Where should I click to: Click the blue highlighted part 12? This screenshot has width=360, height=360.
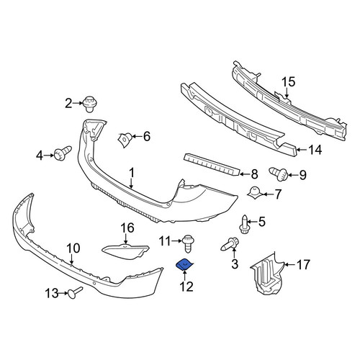coord(184,265)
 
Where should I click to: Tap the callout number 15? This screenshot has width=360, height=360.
coord(288,82)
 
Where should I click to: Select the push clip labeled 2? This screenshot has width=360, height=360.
coord(89,104)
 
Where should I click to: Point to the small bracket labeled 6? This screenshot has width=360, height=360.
coord(124,140)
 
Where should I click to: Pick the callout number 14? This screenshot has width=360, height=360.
coord(315,150)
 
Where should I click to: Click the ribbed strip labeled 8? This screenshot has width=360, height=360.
coord(212,165)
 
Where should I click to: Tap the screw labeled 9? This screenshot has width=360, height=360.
coord(279,174)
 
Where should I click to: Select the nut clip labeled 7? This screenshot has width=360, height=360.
coord(255,192)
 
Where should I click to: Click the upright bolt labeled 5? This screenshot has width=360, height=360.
coord(245,224)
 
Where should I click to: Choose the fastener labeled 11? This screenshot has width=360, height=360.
coord(188,243)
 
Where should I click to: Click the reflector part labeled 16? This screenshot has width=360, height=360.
coord(125,251)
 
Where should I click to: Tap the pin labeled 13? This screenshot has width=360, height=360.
coord(75,293)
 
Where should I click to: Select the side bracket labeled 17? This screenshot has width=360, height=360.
coord(267,274)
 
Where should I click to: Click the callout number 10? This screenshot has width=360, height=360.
coord(73,248)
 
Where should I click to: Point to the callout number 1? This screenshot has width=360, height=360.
coord(131,174)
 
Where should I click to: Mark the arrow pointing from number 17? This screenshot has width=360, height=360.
coord(289,265)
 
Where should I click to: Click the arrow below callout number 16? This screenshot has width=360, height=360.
coord(126,239)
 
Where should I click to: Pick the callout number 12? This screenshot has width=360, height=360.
coord(186,287)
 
